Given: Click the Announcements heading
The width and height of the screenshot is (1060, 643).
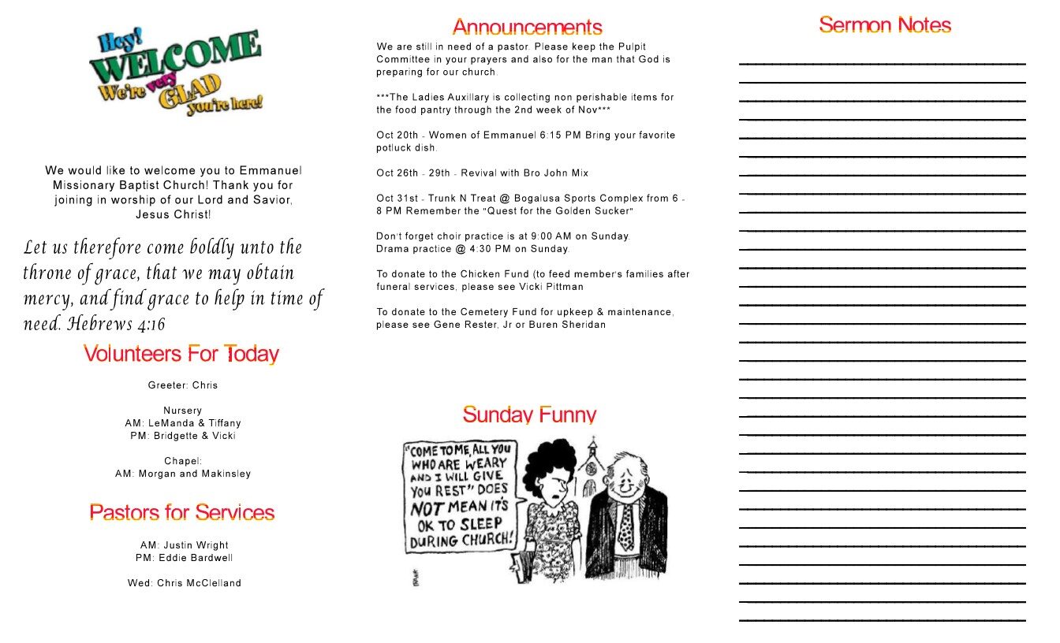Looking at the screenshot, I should [527, 28].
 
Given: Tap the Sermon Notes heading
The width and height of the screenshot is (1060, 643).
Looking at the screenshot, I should [884, 25].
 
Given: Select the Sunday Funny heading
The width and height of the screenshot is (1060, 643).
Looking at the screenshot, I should [529, 414].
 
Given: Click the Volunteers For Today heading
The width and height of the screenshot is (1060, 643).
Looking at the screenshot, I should [181, 354].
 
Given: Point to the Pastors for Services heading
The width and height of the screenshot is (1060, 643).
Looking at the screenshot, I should [182, 513].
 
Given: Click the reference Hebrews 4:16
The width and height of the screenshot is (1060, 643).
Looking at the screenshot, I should [117, 324].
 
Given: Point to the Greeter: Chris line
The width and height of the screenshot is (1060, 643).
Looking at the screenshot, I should [183, 385].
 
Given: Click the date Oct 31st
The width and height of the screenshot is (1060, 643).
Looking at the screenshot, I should [397, 199].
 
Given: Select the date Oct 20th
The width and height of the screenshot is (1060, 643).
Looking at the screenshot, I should [397, 136].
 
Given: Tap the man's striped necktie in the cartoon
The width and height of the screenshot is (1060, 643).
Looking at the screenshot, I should [626, 526].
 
